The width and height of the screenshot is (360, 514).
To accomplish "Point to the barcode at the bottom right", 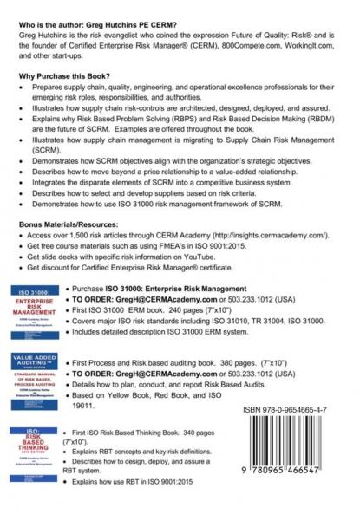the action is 287,447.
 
